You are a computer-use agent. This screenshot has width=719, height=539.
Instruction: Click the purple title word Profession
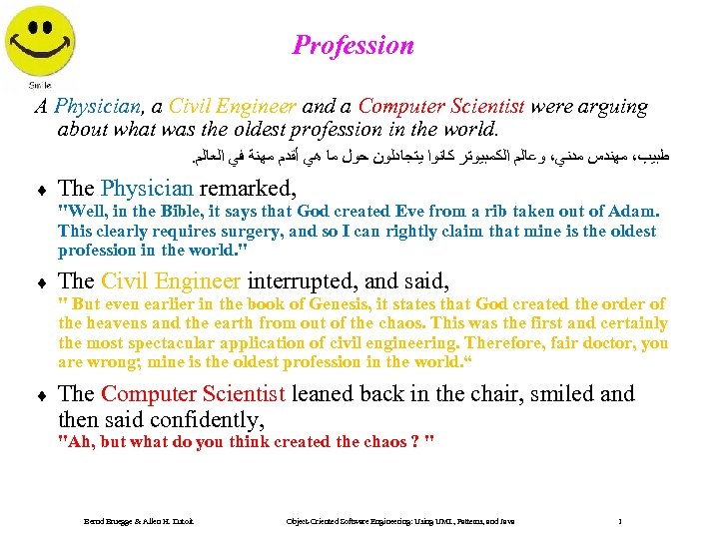(x=353, y=45)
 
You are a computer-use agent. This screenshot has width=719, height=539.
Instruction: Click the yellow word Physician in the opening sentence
(x=100, y=107)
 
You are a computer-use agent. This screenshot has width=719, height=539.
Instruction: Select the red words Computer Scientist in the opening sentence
(x=441, y=107)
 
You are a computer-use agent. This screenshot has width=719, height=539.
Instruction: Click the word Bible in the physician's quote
(x=186, y=212)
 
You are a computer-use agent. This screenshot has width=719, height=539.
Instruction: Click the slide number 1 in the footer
(x=621, y=521)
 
